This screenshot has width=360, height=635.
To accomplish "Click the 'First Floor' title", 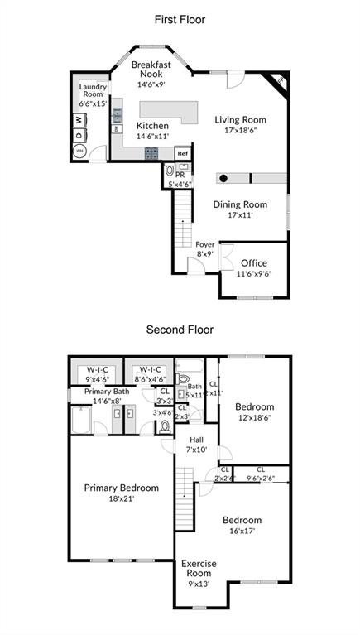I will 180,19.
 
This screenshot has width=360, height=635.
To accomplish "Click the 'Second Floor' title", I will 180,330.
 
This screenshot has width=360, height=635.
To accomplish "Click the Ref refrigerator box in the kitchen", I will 182,153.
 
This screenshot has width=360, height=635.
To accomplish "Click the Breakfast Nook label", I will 151,69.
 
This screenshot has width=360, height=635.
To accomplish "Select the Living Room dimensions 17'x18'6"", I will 242,131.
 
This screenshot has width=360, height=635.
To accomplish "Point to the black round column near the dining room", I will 223,177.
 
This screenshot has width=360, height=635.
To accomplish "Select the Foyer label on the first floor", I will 205,245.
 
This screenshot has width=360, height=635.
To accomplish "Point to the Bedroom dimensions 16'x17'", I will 242,531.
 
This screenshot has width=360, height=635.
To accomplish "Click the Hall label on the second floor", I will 196,440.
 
